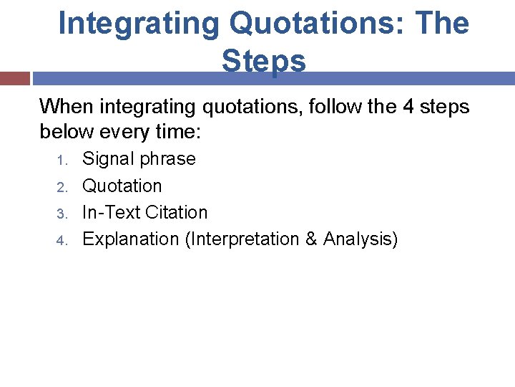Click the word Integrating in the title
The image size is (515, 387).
[x=138, y=24]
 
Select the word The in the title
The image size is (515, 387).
[x=441, y=24]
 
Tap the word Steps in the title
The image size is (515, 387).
[x=264, y=61]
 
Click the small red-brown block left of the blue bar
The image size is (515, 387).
[x=14, y=78]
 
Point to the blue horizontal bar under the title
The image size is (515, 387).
[x=272, y=78]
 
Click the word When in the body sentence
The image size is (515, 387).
[x=67, y=107]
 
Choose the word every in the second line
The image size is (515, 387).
[x=127, y=133]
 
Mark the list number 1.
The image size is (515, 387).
[x=62, y=160]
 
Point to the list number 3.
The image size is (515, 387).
[x=62, y=214]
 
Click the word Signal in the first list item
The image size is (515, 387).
[x=108, y=158]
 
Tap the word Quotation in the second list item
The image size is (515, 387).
[x=122, y=186]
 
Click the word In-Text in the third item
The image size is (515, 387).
[x=111, y=212]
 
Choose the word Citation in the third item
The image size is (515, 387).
[x=176, y=212]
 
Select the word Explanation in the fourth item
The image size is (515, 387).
[x=131, y=239]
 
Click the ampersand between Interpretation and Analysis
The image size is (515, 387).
[x=311, y=239]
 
